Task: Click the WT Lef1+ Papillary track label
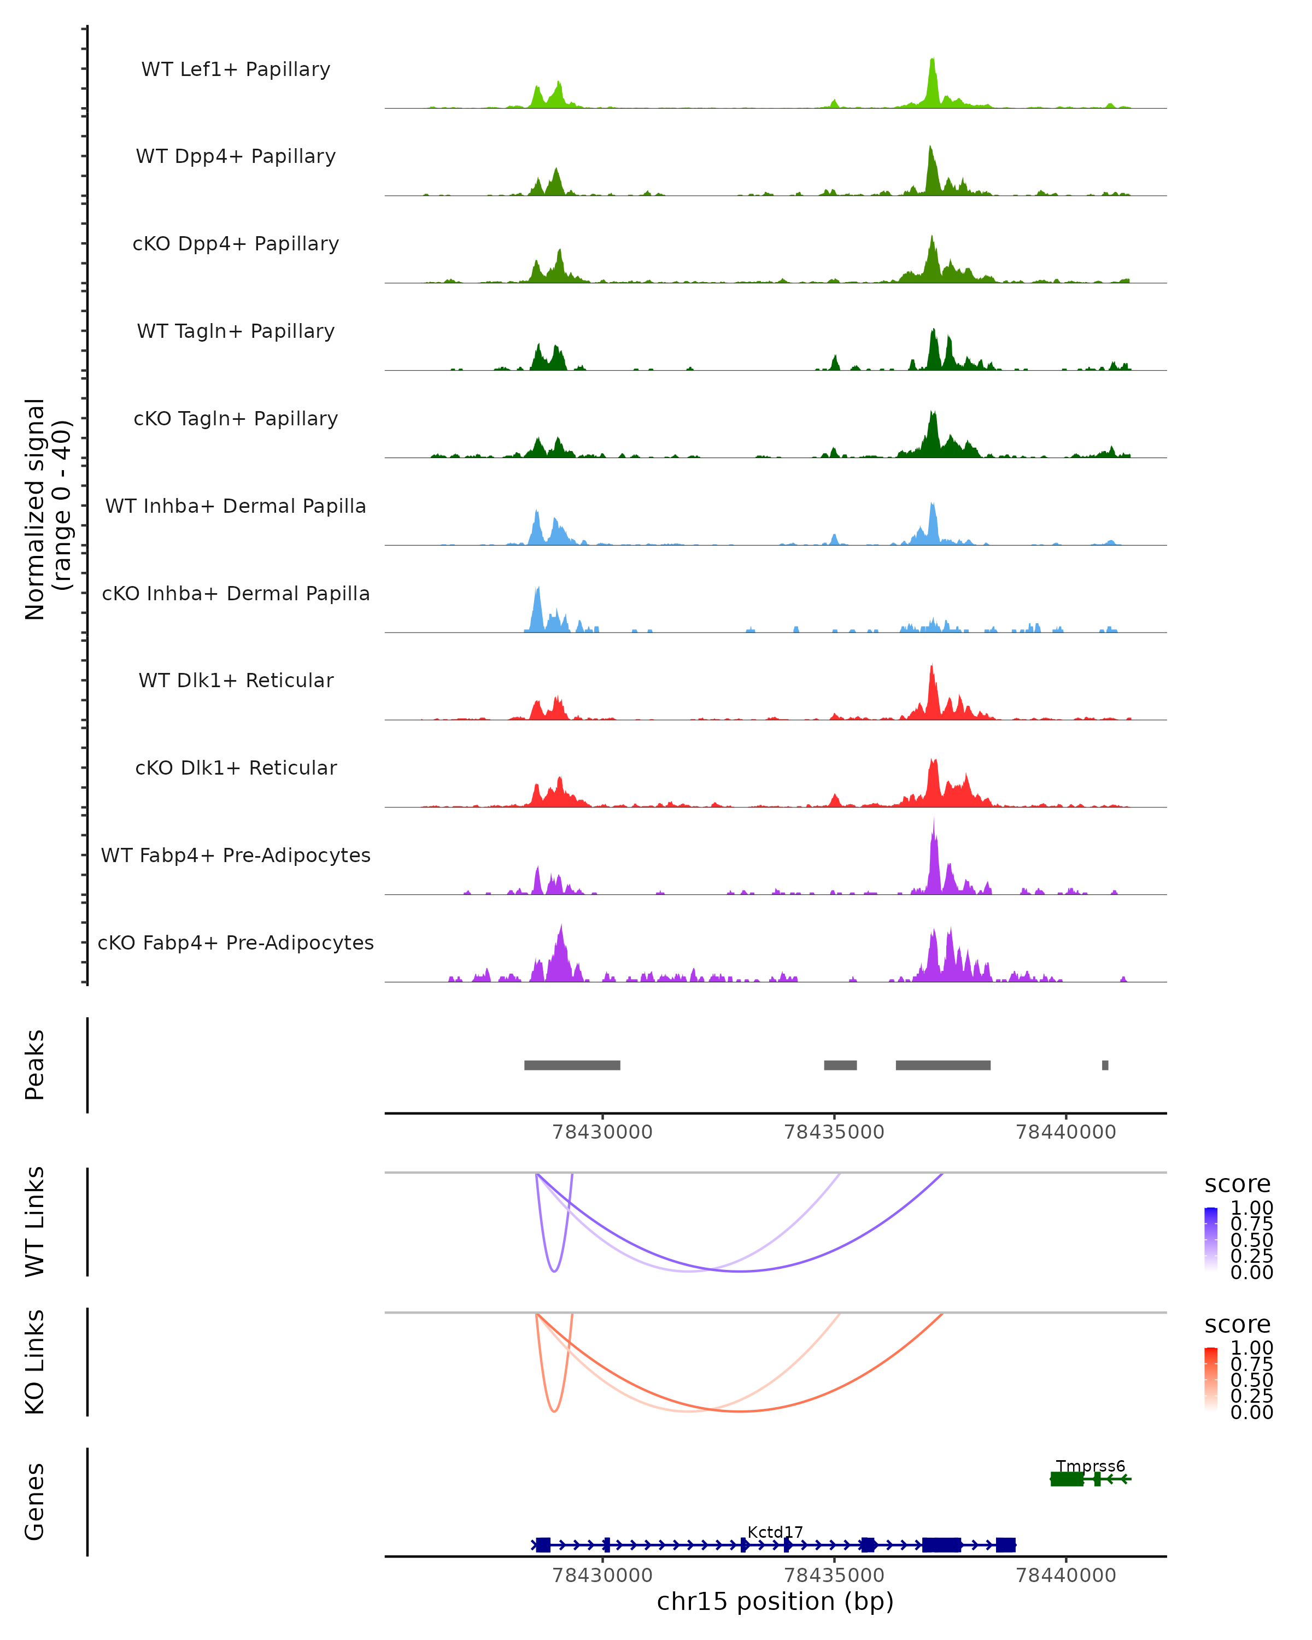click(236, 69)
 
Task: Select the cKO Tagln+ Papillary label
click(236, 418)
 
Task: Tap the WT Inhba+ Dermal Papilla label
click(236, 506)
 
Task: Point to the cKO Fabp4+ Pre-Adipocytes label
click(236, 942)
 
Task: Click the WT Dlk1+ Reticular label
click(236, 680)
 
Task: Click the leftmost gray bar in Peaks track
click(572, 1065)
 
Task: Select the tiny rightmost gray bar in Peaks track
click(1105, 1065)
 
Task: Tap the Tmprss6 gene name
click(1090, 1466)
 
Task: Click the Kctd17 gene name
click(775, 1532)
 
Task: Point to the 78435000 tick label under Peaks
click(834, 1132)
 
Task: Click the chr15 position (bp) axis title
click(775, 1602)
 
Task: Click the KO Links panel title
click(35, 1362)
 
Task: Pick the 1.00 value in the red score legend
click(1252, 1348)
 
